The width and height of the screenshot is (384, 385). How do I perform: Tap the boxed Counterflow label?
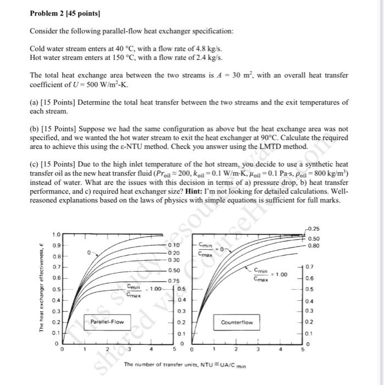point(237,322)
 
